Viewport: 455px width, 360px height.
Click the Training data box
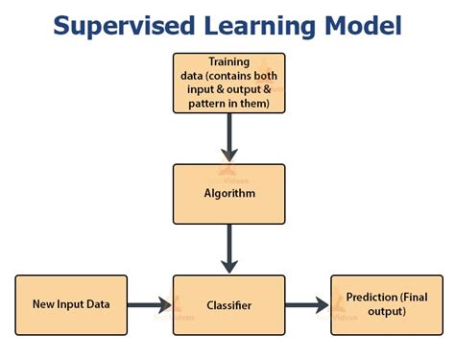228,83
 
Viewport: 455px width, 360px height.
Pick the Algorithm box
228,194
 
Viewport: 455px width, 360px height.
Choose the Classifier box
228,304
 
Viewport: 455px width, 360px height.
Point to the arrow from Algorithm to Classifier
228,249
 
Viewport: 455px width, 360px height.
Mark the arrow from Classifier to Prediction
306,305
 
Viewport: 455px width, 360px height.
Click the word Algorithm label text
228,192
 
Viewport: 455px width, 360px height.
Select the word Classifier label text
228,304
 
